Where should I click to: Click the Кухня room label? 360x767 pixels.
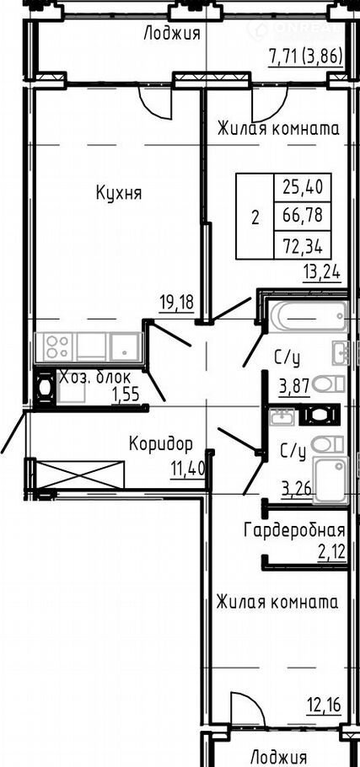119,194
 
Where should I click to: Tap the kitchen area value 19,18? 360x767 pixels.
176,303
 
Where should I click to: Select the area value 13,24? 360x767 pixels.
322,272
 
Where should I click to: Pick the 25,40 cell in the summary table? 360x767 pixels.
303,186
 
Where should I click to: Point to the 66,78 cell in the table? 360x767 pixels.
303,215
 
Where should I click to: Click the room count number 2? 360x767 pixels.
255,217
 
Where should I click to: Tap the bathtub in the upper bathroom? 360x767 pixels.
307,317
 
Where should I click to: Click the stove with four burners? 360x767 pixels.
57,346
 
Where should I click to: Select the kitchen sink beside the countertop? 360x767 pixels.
126,346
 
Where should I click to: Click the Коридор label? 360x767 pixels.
160,444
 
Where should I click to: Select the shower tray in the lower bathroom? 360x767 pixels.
330,480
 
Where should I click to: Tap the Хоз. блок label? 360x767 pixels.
94,378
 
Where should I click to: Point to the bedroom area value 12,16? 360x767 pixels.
323,705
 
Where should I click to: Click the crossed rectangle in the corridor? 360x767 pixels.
80,474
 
